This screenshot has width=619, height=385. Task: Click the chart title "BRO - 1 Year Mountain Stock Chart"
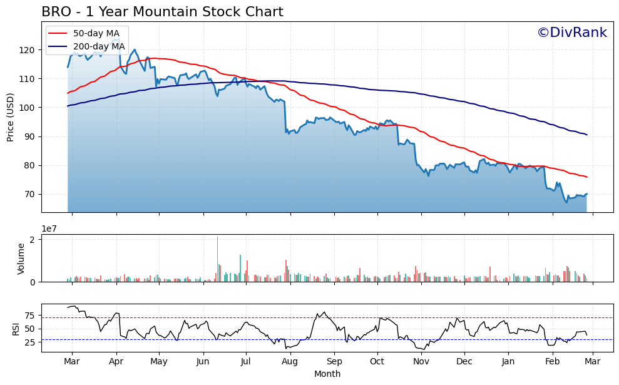(x=162, y=12)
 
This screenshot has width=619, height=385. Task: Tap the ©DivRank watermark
(x=571, y=33)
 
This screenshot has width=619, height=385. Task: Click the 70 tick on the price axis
(x=33, y=195)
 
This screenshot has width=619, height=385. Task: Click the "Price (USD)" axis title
(x=11, y=117)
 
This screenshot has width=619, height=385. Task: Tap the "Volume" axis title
(x=21, y=259)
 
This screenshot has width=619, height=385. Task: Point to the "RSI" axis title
(x=16, y=329)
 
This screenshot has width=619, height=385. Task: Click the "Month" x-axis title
(x=327, y=374)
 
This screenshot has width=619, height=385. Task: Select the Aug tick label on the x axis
(x=290, y=362)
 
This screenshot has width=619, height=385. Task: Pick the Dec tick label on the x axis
(x=464, y=362)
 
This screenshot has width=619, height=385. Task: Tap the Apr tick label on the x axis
(x=116, y=362)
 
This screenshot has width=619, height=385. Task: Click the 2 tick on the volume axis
(x=35, y=239)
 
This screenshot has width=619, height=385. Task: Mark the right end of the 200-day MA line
(x=586, y=135)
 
